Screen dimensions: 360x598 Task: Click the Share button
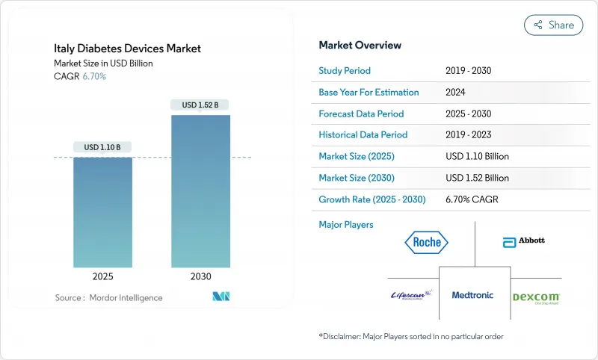(x=553, y=25)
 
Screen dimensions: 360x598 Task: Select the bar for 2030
(x=200, y=190)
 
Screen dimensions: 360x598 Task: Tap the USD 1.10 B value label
(x=102, y=147)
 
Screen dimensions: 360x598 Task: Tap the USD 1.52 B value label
(x=200, y=105)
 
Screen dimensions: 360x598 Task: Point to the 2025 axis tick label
(x=102, y=276)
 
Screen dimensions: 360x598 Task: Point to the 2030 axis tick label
(x=200, y=276)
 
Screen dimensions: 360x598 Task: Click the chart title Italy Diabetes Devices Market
(x=128, y=49)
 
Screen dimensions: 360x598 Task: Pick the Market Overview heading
(x=360, y=46)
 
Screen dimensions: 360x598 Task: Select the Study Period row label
(x=345, y=71)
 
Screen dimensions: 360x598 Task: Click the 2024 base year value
(x=456, y=93)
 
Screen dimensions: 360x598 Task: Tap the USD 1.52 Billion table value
(x=477, y=178)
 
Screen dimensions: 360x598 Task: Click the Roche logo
(x=427, y=242)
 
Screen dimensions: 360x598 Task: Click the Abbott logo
(x=524, y=241)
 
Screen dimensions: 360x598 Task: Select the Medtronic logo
(x=472, y=295)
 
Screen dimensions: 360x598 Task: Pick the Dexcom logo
(x=536, y=297)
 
